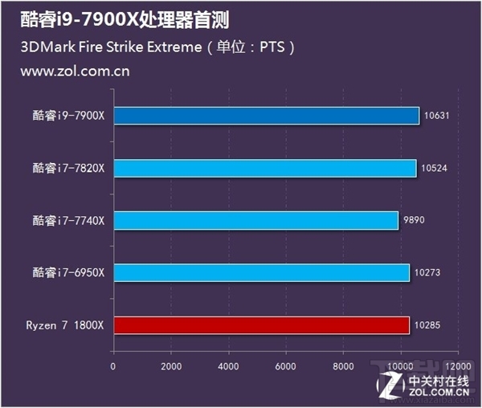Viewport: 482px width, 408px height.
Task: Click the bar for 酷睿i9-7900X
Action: tap(266, 116)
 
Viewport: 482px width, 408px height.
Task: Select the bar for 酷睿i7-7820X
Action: tap(264, 168)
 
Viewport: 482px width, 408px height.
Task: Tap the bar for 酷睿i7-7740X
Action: tap(255, 220)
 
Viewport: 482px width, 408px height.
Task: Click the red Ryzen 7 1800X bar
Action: tap(261, 325)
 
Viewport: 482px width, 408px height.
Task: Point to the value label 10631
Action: tap(436, 116)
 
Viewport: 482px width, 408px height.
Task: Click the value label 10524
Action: tap(433, 168)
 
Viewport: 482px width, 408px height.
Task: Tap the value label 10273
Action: tap(427, 273)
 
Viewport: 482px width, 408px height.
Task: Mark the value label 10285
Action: tap(427, 325)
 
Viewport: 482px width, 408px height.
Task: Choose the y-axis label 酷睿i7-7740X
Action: tap(68, 220)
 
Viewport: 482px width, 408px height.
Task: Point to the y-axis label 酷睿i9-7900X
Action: tap(68, 116)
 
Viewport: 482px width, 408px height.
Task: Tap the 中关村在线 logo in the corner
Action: tap(438, 385)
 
